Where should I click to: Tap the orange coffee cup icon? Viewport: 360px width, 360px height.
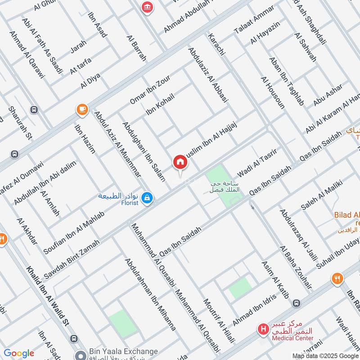[x=81, y=109]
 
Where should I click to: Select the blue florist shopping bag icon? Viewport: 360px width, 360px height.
[x=147, y=198]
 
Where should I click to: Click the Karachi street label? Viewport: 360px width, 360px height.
[x=216, y=46]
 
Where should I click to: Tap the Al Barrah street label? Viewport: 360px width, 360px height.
[x=137, y=48]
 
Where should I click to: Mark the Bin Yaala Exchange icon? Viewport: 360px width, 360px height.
[x=81, y=355]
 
